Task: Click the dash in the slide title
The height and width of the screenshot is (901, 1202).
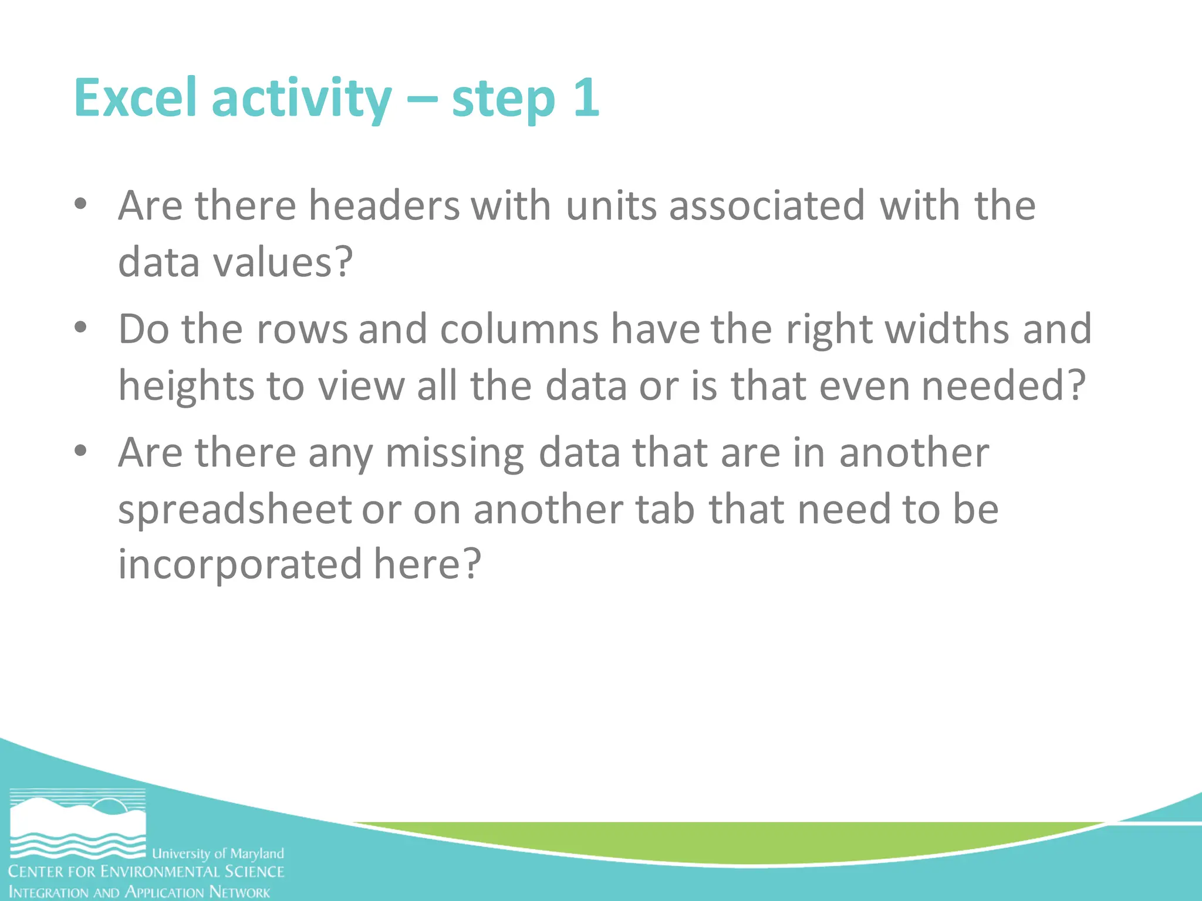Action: click(x=421, y=100)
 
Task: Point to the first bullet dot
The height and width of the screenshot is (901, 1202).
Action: click(x=81, y=204)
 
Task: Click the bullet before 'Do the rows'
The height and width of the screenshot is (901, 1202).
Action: click(x=81, y=327)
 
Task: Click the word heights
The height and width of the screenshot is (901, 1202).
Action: click(x=186, y=386)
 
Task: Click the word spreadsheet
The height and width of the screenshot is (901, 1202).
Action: click(x=235, y=509)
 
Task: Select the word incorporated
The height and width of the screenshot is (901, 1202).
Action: click(x=239, y=564)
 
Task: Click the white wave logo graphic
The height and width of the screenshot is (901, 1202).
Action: click(x=77, y=822)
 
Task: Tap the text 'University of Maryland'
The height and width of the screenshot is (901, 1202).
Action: click(x=218, y=853)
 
